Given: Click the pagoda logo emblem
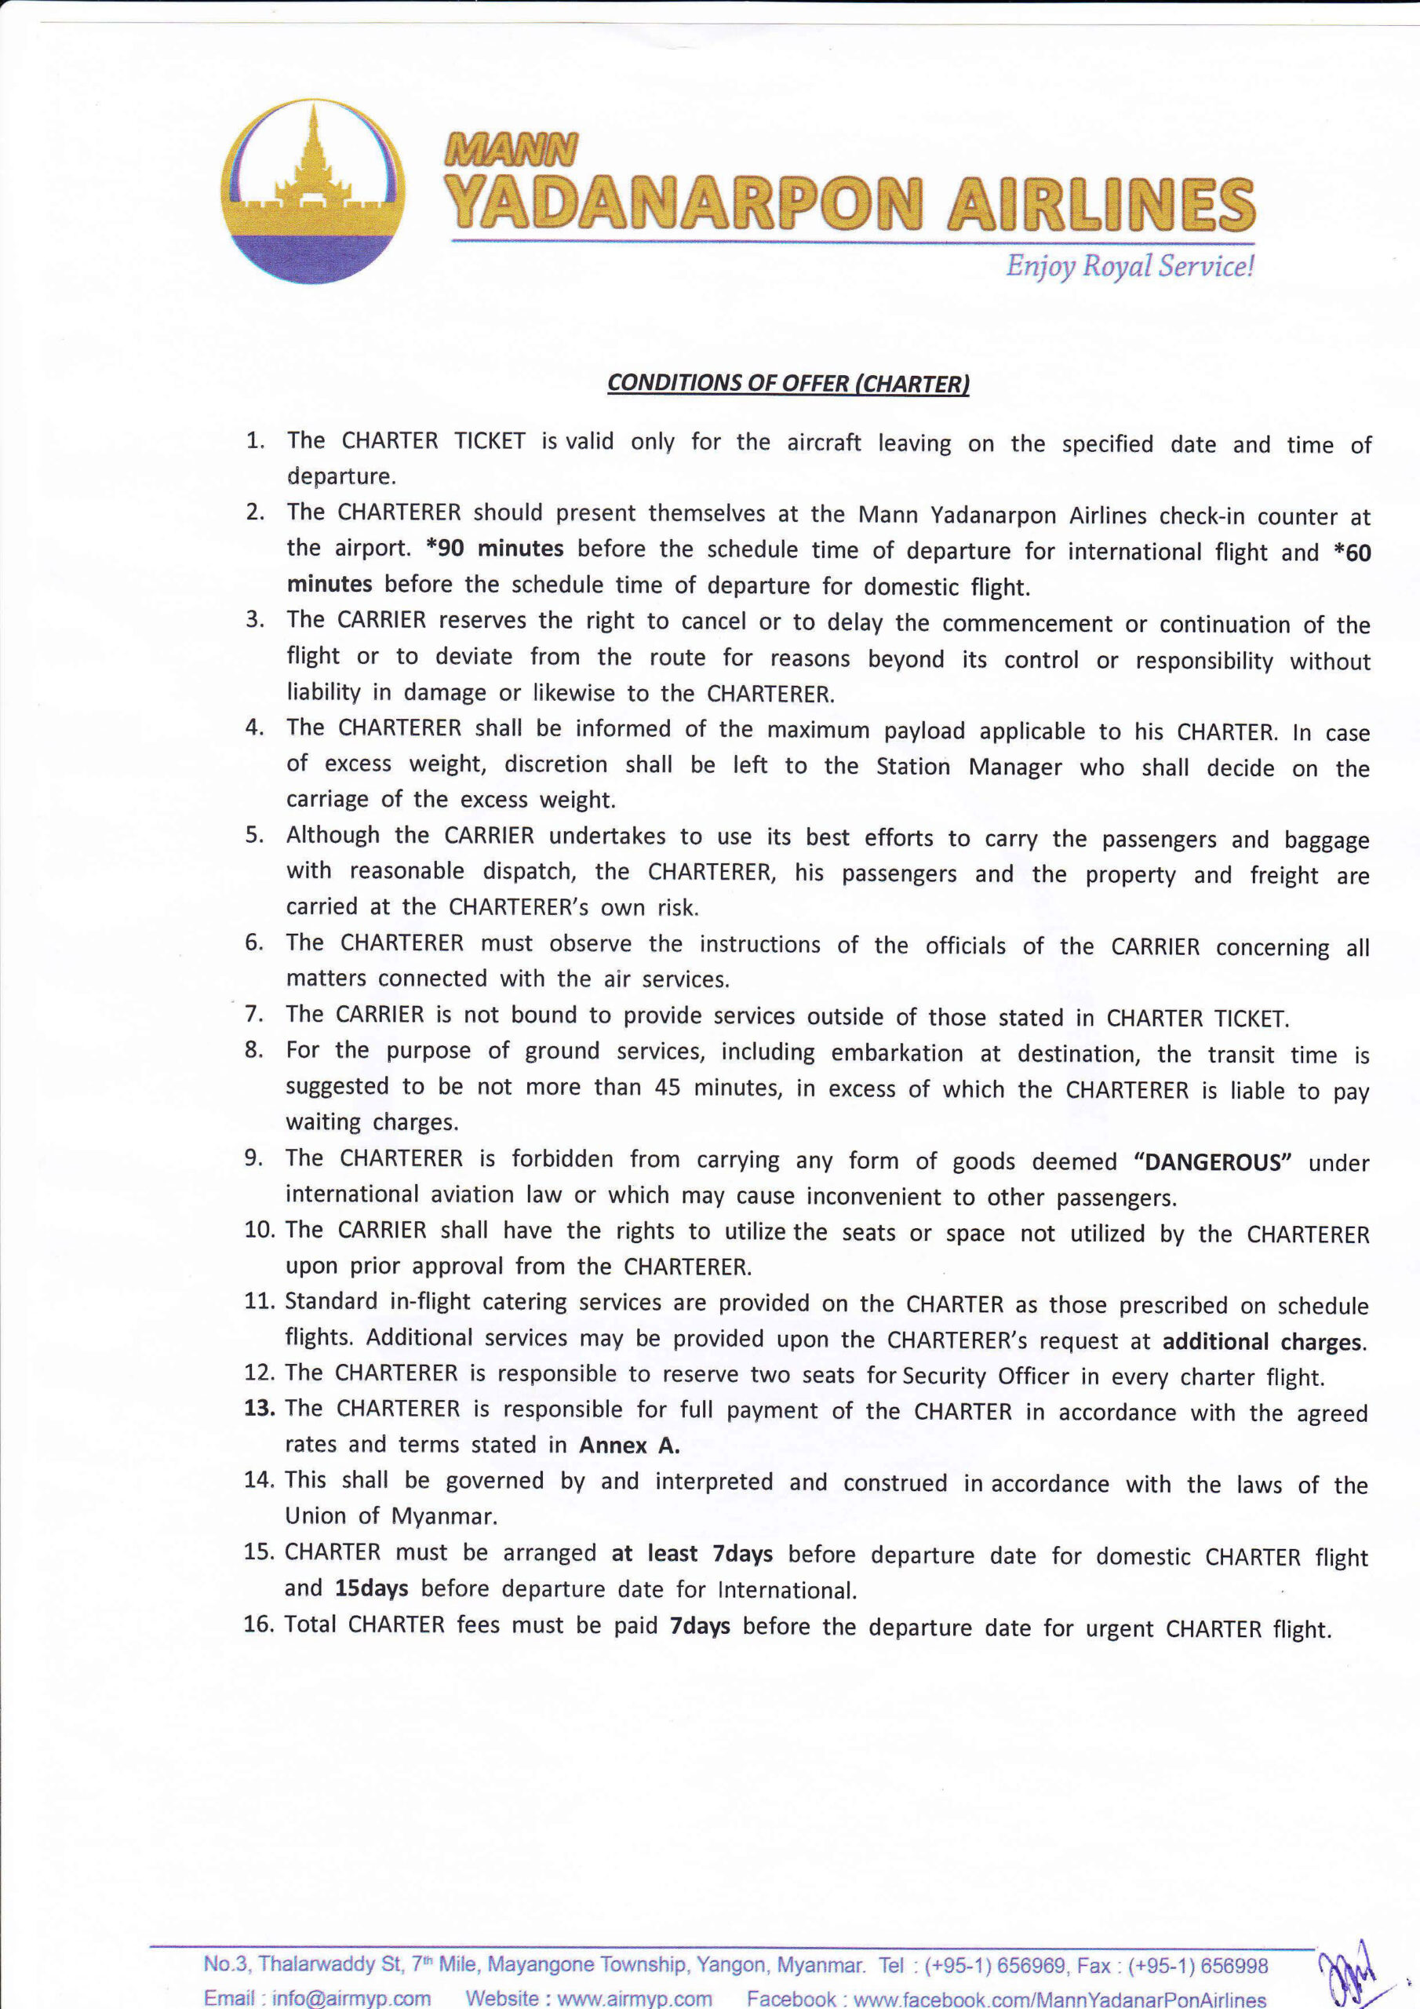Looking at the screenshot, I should pos(312,190).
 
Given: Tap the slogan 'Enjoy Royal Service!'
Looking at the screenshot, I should pos(1130,266).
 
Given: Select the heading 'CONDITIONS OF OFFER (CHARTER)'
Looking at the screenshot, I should pos(788,383).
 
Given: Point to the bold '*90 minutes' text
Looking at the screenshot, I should pos(495,549).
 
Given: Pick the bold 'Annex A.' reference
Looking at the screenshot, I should pos(629,1446).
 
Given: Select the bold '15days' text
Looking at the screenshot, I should pos(371,1588).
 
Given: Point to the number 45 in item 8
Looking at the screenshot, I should pos(668,1088).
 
